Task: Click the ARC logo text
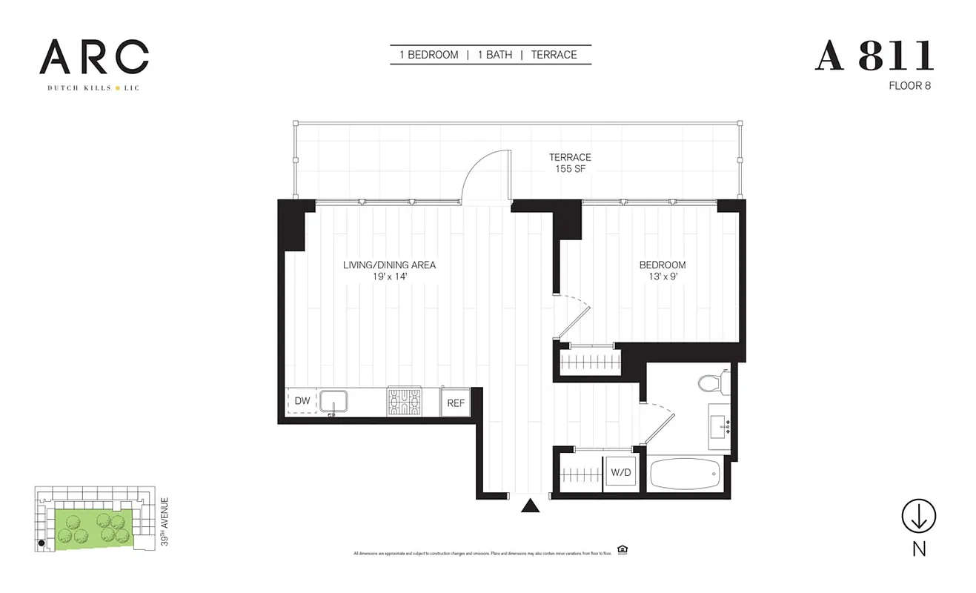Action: tap(94, 57)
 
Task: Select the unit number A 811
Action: tap(874, 56)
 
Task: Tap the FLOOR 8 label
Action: tap(909, 85)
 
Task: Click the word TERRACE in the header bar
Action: tap(554, 55)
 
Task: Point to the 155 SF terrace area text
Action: tap(570, 169)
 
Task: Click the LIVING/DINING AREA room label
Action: tap(389, 265)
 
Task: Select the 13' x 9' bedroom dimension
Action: tap(663, 276)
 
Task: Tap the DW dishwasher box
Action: tap(302, 401)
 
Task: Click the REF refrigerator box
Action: tap(456, 402)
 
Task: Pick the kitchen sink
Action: tap(338, 401)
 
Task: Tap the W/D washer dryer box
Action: tap(620, 471)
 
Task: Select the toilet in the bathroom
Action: tap(710, 382)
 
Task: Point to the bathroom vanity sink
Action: tap(720, 426)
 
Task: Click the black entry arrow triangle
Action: tap(529, 506)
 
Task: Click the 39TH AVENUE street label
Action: tap(165, 522)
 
